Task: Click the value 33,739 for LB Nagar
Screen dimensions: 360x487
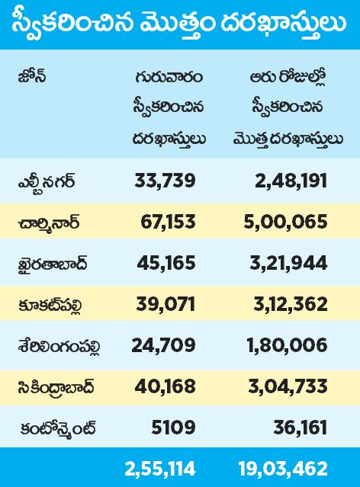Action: click(165, 181)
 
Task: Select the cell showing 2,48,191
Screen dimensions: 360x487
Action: click(291, 181)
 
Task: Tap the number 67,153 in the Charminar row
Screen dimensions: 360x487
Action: click(169, 222)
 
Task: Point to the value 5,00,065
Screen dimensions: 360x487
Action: click(285, 222)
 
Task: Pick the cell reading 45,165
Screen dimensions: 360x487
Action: click(166, 263)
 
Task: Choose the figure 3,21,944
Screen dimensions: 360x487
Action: click(288, 263)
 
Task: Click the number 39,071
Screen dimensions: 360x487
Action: click(166, 304)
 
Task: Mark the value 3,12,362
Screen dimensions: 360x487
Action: click(291, 304)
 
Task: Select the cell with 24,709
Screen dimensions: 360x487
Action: click(163, 345)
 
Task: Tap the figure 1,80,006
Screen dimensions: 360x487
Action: click(288, 345)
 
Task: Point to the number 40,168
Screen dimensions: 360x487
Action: click(165, 386)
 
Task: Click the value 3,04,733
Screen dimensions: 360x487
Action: click(288, 386)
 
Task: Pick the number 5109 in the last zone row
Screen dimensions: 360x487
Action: click(173, 428)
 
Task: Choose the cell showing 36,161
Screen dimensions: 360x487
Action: click(301, 428)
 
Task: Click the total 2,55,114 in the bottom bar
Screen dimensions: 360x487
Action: click(160, 469)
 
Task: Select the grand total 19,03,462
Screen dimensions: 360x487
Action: click(283, 469)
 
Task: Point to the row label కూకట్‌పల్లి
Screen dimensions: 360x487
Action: click(50, 305)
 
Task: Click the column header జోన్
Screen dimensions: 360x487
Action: click(32, 76)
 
